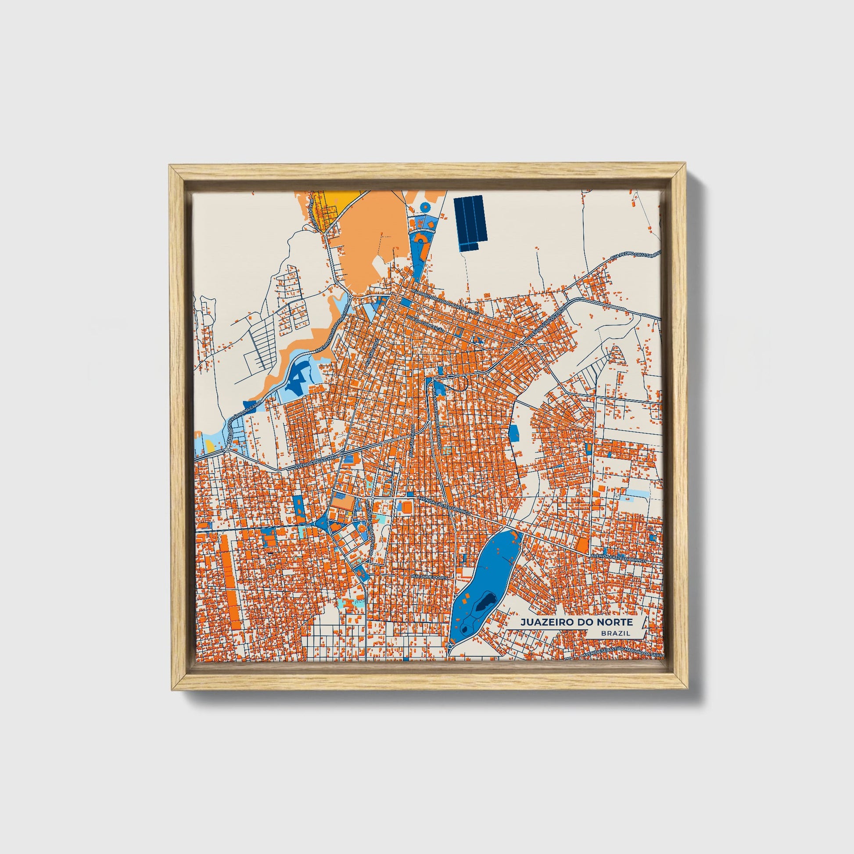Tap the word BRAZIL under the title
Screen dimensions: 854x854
[616, 633]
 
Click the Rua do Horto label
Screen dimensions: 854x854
[313, 213]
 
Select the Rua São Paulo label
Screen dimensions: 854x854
[412, 442]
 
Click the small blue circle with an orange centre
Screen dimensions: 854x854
[425, 206]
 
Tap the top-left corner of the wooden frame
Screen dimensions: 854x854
[172, 167]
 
